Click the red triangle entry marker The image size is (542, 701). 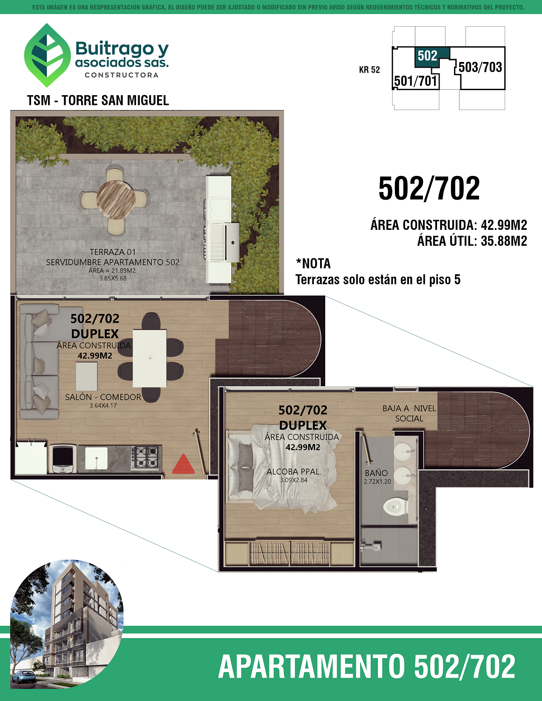183,464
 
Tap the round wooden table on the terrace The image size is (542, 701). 116,200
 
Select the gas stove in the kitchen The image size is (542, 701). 145,458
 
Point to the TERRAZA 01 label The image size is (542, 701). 113,252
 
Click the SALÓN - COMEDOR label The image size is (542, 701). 103,397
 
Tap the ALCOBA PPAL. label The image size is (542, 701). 294,472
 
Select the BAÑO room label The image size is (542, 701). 376,473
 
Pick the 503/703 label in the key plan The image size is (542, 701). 480,67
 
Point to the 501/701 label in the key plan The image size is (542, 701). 416,81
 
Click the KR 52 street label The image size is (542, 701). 369,70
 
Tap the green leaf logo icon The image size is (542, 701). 48,55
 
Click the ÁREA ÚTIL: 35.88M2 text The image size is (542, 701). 472,241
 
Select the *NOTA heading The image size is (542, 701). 313,263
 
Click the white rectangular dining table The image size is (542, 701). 150,358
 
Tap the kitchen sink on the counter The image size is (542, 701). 96,458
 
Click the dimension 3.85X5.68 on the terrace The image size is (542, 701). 113,278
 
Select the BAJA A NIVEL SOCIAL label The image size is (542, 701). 409,413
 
